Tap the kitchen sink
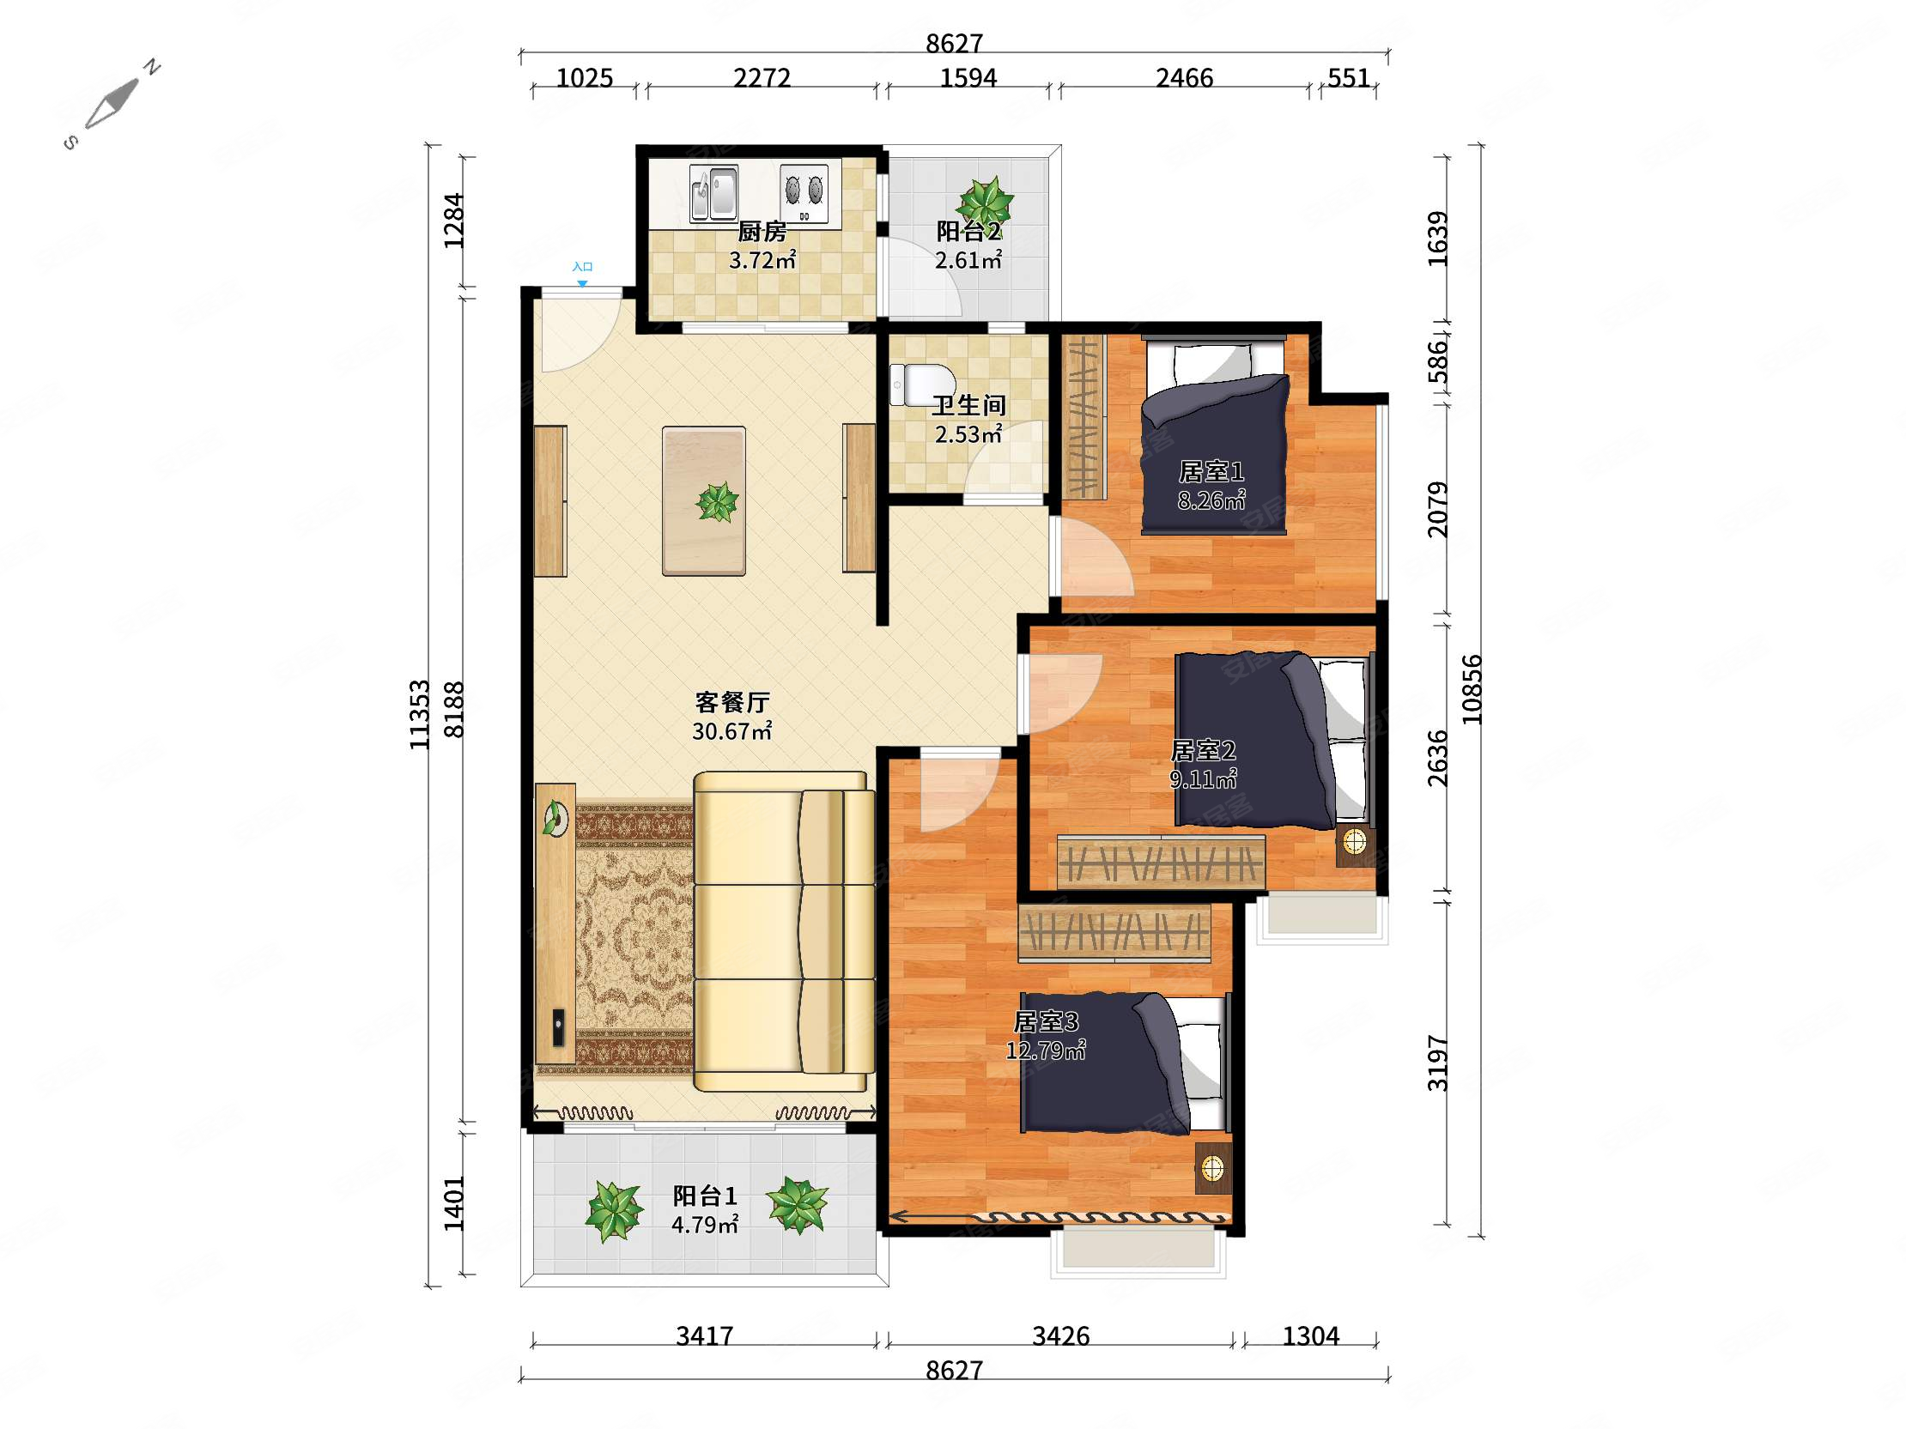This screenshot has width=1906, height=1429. click(713, 192)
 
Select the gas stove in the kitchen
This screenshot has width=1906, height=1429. click(804, 192)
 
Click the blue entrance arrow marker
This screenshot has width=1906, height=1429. click(582, 283)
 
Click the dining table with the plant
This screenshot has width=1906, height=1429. click(703, 500)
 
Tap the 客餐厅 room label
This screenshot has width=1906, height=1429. click(732, 703)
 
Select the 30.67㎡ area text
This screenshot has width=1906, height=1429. click(732, 731)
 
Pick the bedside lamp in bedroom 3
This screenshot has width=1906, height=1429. click(1213, 1168)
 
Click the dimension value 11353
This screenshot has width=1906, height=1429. click(420, 715)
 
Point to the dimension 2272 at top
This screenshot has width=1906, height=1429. click(762, 78)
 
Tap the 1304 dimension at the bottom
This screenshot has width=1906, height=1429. click(1311, 1336)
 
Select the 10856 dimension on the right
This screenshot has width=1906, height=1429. click(1472, 689)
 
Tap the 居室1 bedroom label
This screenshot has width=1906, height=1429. click(1211, 471)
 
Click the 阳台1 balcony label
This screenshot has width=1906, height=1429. click(705, 1196)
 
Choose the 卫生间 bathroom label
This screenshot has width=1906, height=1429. click(968, 405)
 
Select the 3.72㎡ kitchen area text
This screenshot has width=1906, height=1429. click(762, 259)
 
